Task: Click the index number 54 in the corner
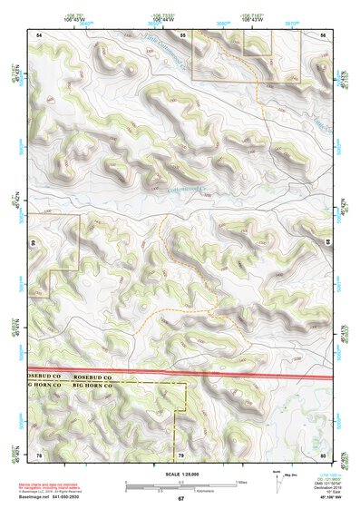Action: [39, 34]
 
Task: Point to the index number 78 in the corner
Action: [39, 453]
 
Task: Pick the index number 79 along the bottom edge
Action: [180, 453]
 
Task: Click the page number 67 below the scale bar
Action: [180, 498]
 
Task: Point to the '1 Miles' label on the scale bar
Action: [242, 481]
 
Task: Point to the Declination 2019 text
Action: [320, 486]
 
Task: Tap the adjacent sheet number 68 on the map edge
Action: [327, 242]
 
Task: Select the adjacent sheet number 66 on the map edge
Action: [32, 242]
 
